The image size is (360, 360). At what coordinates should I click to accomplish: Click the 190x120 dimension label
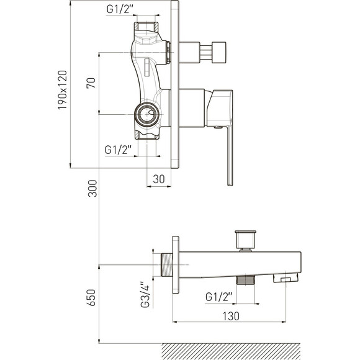(x=63, y=90)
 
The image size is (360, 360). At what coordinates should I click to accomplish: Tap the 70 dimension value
(x=91, y=83)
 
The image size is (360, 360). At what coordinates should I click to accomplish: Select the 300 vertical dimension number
(x=92, y=188)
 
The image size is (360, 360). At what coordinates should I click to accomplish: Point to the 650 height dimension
(x=91, y=297)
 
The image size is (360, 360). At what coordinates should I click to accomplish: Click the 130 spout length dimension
(x=231, y=316)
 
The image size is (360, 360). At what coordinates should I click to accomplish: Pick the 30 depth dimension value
(x=159, y=179)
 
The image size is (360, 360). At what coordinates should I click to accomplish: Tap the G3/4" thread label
(x=145, y=295)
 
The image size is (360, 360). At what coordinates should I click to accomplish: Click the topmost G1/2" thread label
(x=120, y=9)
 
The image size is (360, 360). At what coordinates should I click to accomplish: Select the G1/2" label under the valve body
(x=118, y=150)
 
